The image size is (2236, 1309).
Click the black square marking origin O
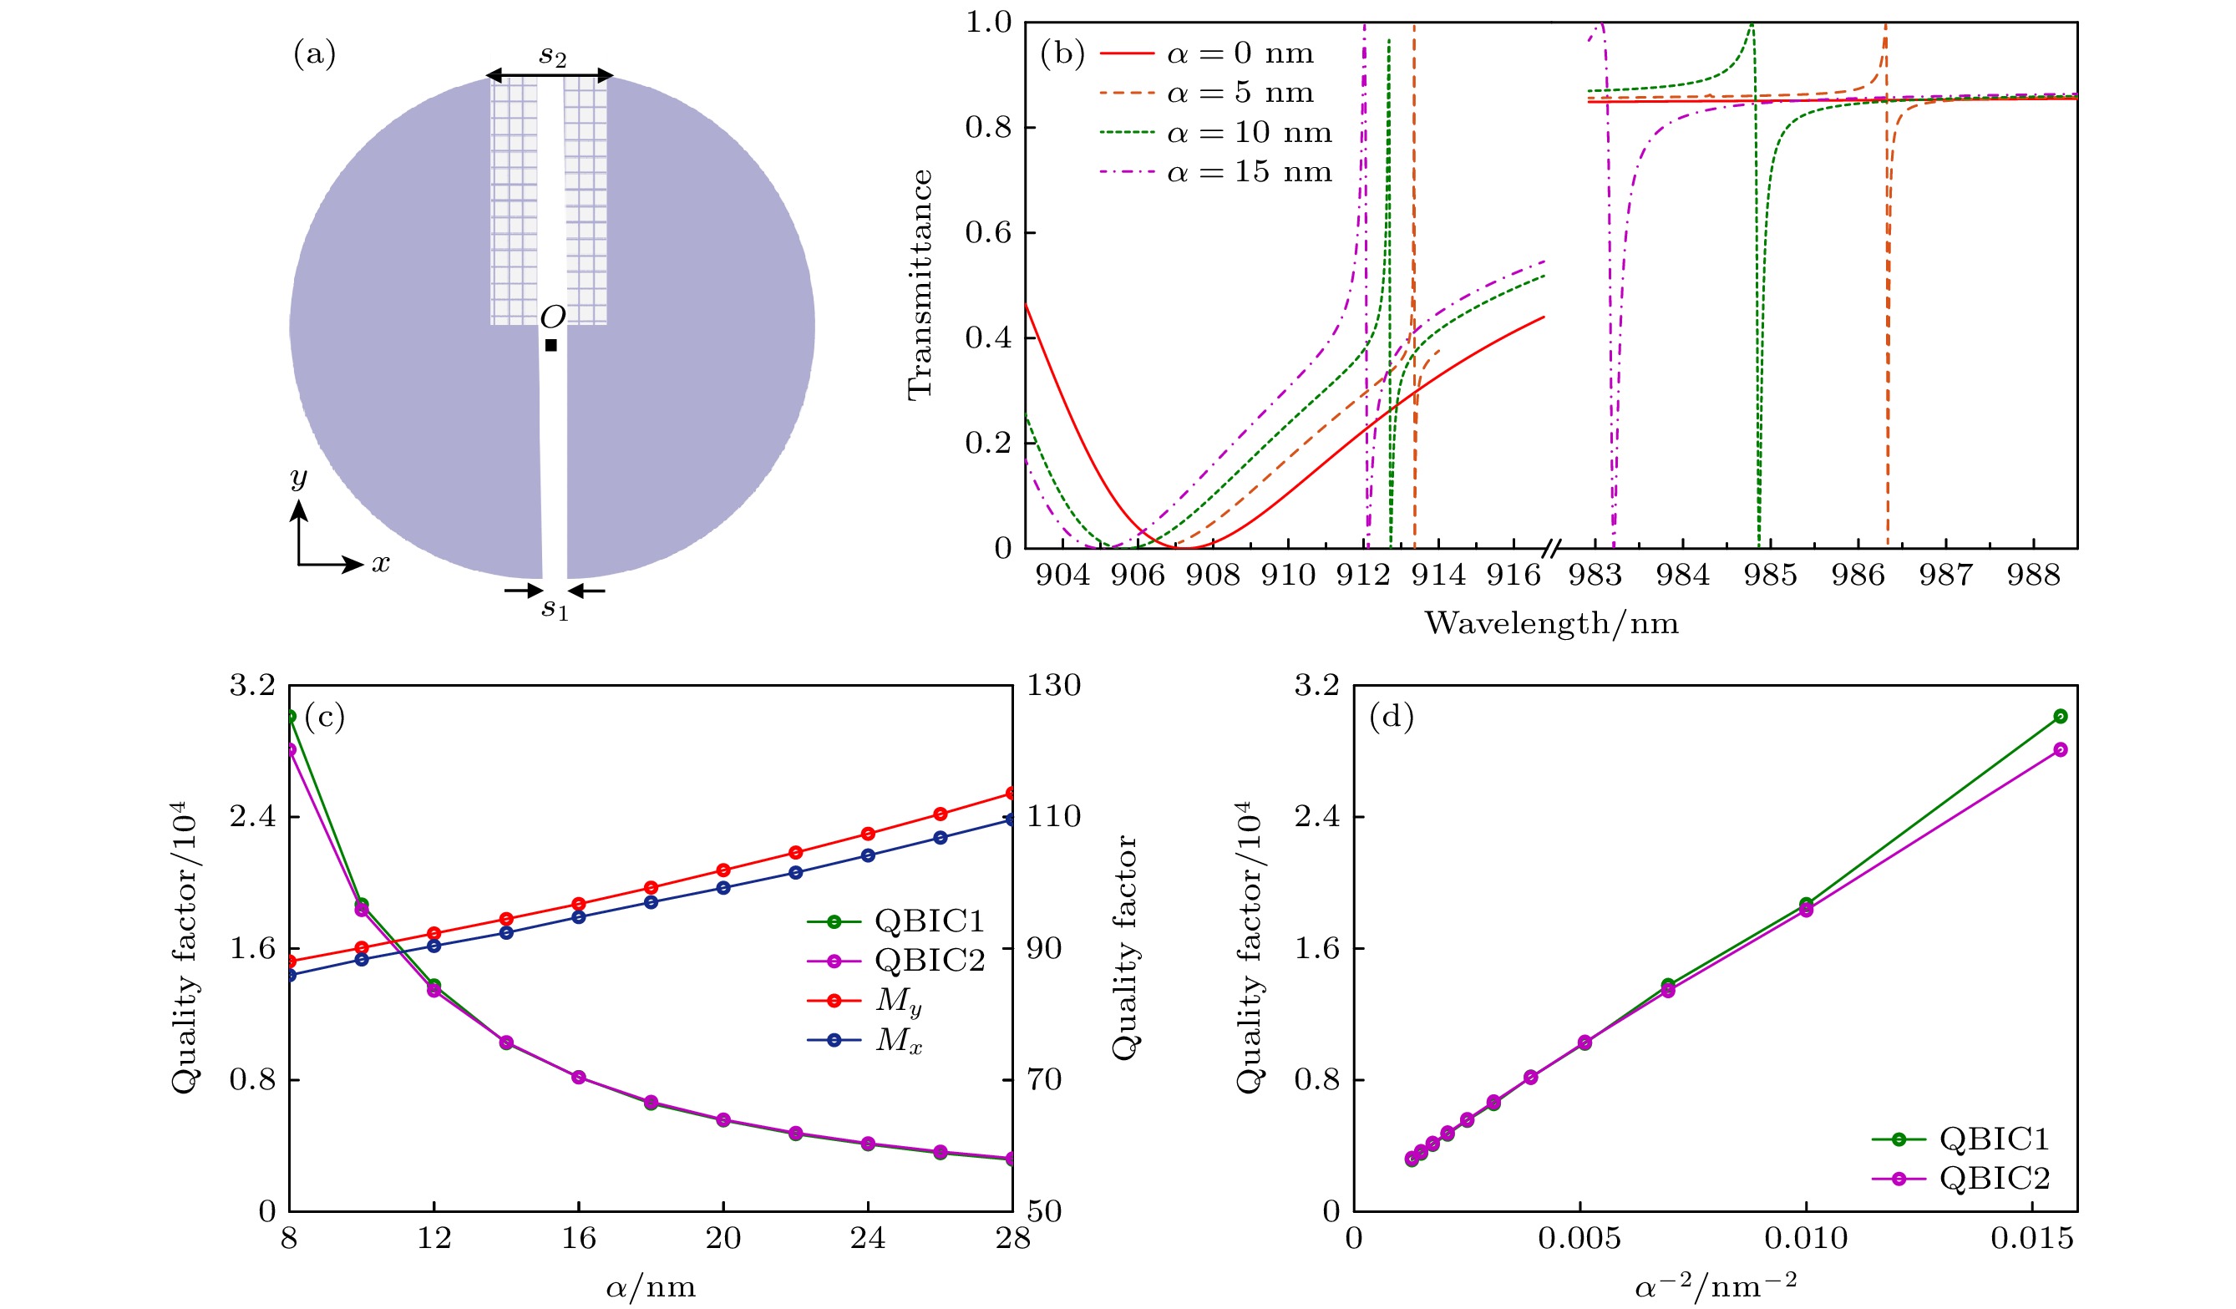pyautogui.click(x=551, y=345)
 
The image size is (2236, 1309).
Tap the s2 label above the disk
pyautogui.click(x=552, y=56)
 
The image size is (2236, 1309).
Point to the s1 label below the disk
pyautogui.click(x=555, y=609)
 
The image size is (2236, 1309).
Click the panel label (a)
pyautogui.click(x=315, y=55)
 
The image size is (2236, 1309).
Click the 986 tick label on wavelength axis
pyautogui.click(x=1858, y=575)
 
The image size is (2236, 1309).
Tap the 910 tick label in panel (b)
pyautogui.click(x=1288, y=575)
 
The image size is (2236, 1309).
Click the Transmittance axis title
pyautogui.click(x=920, y=284)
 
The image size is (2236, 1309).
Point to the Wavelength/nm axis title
pyautogui.click(x=1551, y=623)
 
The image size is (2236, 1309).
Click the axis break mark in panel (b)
pyautogui.click(x=1551, y=549)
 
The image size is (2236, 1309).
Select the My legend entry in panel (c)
pyautogui.click(x=898, y=1000)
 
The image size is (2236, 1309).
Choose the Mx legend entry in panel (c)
pyautogui.click(x=898, y=1040)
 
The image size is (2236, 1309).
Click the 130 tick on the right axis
pyautogui.click(x=1054, y=685)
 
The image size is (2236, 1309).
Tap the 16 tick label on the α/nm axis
pyautogui.click(x=579, y=1237)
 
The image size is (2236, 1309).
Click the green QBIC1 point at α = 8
pyautogui.click(x=291, y=716)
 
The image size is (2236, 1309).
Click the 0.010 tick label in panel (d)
pyautogui.click(x=1806, y=1238)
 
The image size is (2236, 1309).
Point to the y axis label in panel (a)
pyautogui.click(x=299, y=478)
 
